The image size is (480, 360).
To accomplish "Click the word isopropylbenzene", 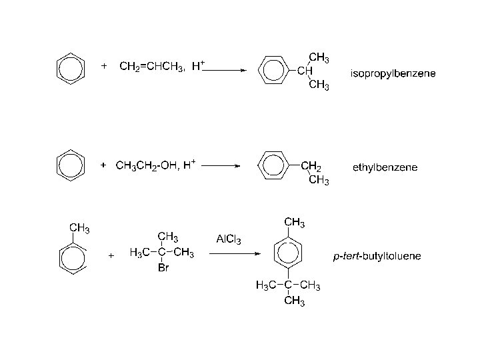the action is tap(393, 73).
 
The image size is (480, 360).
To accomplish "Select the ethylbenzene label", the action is tap(385, 167).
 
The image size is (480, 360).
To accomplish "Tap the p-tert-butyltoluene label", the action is tap(377, 256).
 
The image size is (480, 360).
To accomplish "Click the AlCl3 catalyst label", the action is tap(229, 239).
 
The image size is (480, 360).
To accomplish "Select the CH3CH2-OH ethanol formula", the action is tap(145, 165).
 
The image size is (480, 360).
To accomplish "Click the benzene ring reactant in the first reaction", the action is tap(69, 69).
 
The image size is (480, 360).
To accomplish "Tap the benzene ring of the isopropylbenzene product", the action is tap(272, 70).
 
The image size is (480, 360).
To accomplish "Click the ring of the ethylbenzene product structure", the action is tap(272, 165).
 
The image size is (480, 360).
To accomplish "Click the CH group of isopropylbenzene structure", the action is tap(305, 70).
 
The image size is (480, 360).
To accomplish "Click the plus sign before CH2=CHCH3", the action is tap(103, 66).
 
